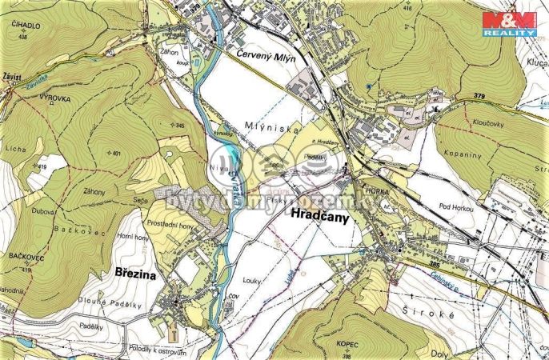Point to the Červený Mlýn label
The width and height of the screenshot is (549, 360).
coord(266,57)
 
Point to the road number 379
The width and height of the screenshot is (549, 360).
coord(479,97)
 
